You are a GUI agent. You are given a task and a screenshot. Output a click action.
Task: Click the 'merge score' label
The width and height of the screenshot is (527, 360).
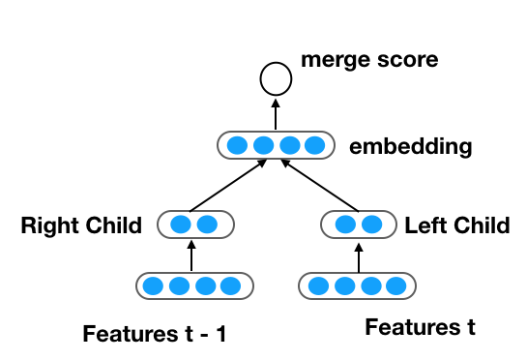369,60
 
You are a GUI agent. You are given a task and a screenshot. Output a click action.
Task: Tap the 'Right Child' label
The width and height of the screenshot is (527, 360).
81,226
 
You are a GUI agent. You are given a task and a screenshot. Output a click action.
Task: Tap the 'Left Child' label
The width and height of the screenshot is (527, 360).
457,226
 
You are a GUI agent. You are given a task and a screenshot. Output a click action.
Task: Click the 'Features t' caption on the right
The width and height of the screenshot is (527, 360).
420,328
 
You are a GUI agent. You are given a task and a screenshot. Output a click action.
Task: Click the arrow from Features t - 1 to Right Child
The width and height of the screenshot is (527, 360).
191,255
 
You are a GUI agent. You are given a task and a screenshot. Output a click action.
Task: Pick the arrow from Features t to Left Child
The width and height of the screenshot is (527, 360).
359,255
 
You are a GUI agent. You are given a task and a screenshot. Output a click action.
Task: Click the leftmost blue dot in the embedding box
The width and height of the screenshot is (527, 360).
237,147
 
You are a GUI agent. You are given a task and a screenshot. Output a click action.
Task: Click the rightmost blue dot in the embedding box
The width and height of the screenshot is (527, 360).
312,147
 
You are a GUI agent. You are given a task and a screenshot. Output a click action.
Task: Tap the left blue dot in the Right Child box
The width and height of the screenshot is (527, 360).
179,225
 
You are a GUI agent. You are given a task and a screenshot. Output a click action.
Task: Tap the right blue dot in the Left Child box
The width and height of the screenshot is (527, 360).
371,225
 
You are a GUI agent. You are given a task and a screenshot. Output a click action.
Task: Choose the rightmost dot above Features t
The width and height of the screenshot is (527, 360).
396,286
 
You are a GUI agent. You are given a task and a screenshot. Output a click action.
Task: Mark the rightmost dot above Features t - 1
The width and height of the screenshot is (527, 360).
230,286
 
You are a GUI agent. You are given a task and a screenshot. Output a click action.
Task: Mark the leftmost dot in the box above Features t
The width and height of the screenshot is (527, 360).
320,286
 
